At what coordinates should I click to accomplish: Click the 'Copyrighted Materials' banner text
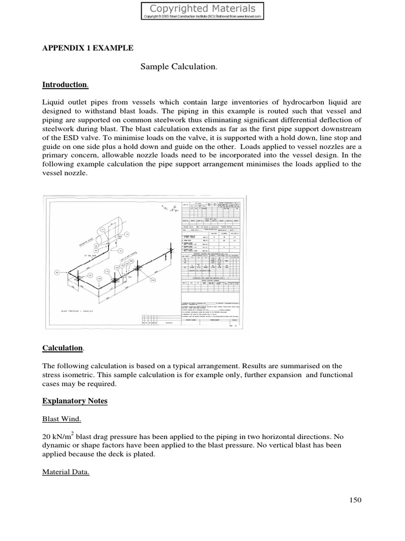tap(203, 8)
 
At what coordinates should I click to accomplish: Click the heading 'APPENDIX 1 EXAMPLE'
tap(88, 48)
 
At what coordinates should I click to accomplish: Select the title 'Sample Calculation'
tap(178, 67)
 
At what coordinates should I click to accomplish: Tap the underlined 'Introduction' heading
tap(64, 85)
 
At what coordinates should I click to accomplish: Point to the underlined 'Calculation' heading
tap(62, 348)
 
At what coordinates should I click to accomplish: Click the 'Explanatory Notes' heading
tap(74, 401)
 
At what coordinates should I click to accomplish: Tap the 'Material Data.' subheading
tap(65, 472)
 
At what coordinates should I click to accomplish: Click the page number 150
tap(355, 500)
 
